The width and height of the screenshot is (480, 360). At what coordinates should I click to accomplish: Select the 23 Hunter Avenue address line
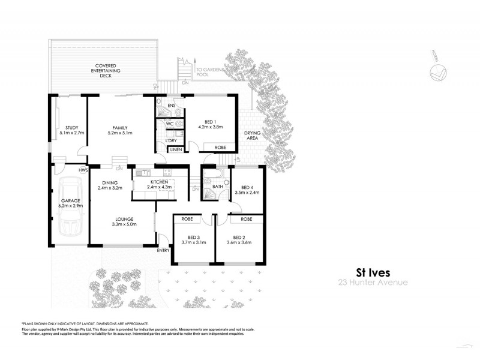coord(372,281)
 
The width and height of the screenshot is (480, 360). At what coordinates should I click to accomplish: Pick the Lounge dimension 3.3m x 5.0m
coord(125,224)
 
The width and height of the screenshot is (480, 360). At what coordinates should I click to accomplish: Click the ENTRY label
coord(163,250)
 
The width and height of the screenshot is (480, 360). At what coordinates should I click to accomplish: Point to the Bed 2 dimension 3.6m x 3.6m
coord(239,242)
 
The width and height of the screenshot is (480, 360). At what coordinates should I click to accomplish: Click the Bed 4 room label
coord(247,187)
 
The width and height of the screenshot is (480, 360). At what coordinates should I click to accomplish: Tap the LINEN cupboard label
coord(176,149)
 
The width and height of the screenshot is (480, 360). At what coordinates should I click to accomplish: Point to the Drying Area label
coord(251,135)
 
